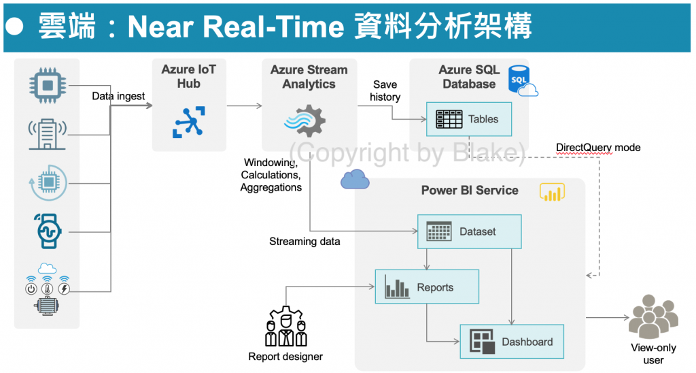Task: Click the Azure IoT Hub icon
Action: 188,123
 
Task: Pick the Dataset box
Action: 469,231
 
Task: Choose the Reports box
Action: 427,287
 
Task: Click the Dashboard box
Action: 512,342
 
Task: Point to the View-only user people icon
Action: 652,317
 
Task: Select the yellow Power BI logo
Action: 552,192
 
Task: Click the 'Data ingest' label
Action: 118,96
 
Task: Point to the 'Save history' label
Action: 385,91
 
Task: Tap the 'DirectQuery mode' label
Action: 598,147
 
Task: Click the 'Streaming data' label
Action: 304,241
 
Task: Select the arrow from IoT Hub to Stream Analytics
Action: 244,106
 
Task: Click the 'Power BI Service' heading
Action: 470,190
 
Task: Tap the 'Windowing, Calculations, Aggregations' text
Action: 271,175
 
